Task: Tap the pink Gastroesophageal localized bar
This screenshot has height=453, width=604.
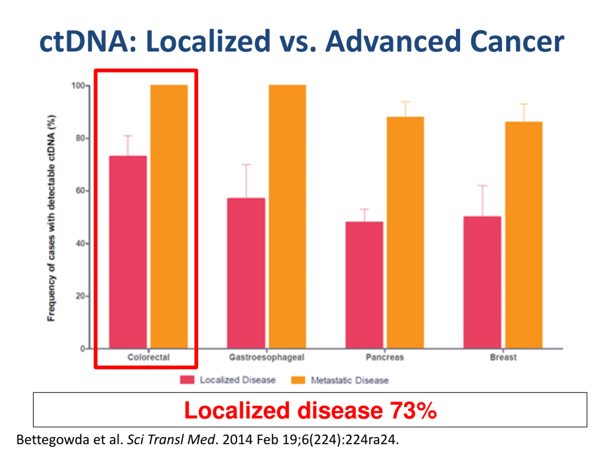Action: [246, 273]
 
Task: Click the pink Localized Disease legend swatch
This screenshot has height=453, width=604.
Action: [187, 380]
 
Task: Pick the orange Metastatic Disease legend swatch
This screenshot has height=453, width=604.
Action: [298, 380]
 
